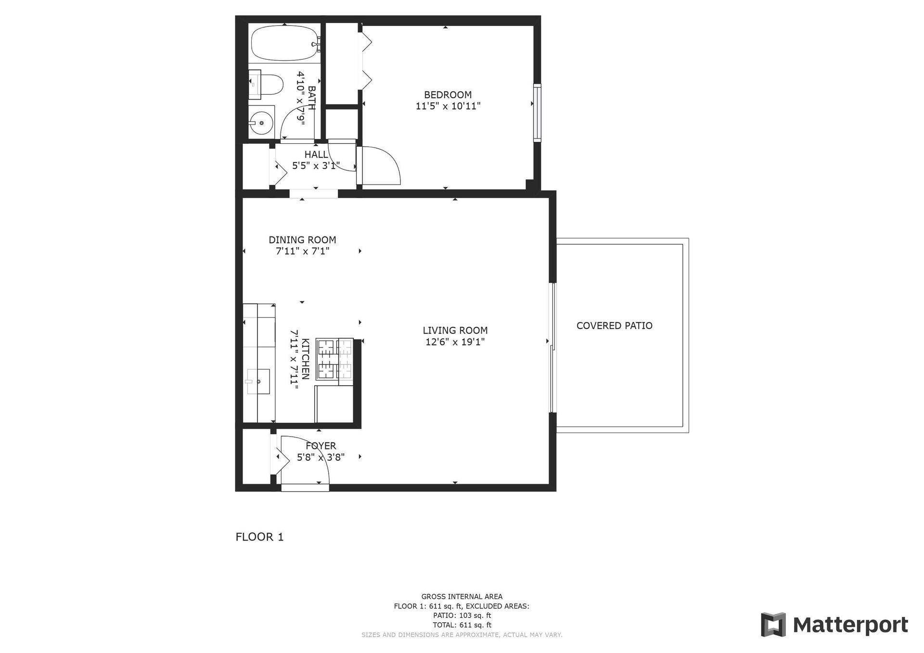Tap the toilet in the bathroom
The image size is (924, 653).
[266, 85]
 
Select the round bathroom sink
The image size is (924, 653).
[261, 123]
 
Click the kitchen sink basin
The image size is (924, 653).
[258, 381]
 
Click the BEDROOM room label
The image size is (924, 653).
[448, 95]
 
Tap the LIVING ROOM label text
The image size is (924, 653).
[455, 330]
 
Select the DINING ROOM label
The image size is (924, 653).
[302, 239]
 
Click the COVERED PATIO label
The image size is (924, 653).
[615, 326]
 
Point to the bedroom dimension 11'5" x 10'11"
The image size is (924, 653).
[448, 106]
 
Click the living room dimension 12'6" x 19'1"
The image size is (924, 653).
[455, 342]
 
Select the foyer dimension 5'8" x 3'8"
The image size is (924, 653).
[321, 457]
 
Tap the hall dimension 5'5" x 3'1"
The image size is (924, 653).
[316, 166]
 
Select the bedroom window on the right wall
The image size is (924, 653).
[537, 113]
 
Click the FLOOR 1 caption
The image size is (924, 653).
[260, 537]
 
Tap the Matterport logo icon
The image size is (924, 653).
[773, 625]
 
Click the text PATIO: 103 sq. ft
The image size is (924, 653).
[462, 615]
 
